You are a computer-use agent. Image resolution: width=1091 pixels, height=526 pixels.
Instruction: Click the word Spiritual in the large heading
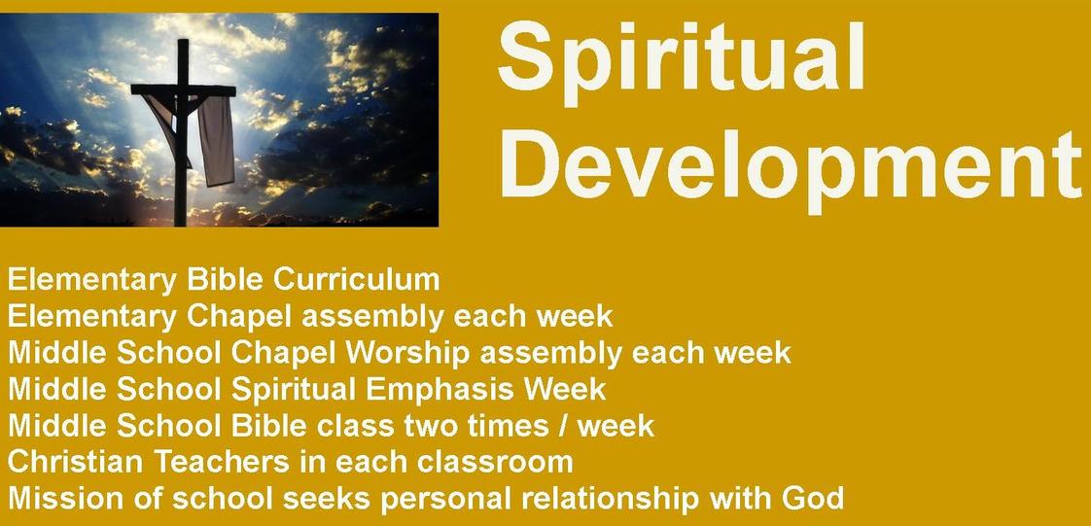click(x=682, y=61)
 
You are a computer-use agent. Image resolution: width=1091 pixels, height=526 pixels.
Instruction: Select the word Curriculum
click(x=356, y=280)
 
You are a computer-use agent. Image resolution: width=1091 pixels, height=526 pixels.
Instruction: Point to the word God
click(x=813, y=498)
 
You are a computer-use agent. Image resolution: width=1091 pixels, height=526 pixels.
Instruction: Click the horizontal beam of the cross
click(x=183, y=90)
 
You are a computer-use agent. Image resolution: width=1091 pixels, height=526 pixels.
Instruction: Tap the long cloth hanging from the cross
click(x=217, y=140)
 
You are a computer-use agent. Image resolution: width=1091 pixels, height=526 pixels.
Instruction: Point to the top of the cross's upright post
click(x=183, y=41)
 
